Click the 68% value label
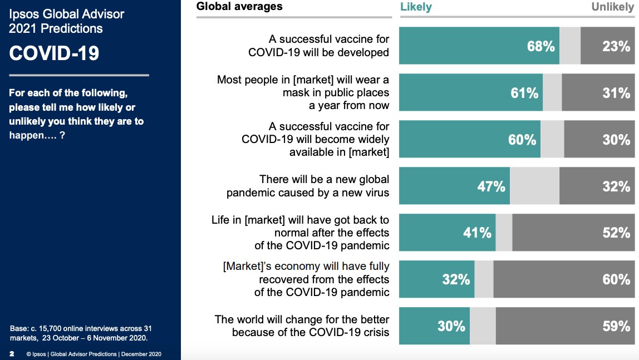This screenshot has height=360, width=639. (540, 46)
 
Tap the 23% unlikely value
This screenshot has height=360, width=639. (616, 46)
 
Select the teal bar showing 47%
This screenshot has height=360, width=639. (454, 186)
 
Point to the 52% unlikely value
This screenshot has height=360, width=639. (616, 233)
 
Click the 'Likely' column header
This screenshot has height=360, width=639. (416, 7)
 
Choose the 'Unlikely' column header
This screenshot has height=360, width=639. (612, 7)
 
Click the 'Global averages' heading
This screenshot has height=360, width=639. (240, 7)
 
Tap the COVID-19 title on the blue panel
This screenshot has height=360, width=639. (55, 53)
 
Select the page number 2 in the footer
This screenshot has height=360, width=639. (12, 354)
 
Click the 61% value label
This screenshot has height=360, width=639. (524, 93)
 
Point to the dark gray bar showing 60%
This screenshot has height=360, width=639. (566, 279)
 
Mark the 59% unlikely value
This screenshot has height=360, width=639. (616, 326)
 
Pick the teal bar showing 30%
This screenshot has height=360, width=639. (434, 326)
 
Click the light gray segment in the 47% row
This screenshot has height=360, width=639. (534, 186)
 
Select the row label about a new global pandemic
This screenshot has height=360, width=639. (308, 186)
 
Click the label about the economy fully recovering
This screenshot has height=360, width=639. (306, 279)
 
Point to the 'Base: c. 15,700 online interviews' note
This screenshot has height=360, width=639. (81, 333)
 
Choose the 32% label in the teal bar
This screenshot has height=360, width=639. (456, 279)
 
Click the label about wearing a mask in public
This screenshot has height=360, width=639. (303, 93)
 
